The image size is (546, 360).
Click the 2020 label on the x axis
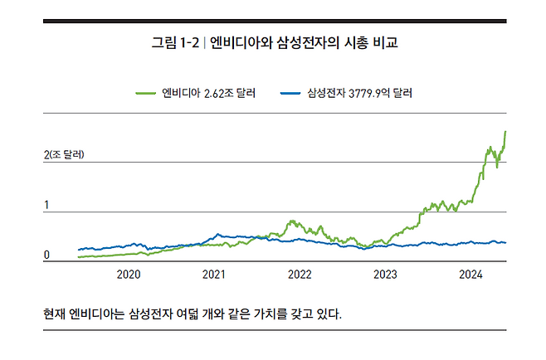(x=129, y=275)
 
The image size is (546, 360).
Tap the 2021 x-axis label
(x=214, y=275)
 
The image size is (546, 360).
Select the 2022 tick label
(x=300, y=275)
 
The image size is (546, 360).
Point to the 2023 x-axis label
(x=385, y=275)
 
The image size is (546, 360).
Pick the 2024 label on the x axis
(x=470, y=275)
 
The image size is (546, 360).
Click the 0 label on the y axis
(x=46, y=255)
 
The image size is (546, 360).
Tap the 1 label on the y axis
(x=46, y=205)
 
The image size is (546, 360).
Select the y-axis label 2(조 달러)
(x=64, y=154)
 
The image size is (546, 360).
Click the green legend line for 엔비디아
(x=147, y=93)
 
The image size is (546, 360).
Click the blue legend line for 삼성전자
(x=292, y=93)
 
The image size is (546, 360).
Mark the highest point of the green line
(x=505, y=131)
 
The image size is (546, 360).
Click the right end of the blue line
(x=506, y=243)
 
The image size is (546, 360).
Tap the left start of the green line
(x=78, y=257)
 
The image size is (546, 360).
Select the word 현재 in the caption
(x=56, y=314)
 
